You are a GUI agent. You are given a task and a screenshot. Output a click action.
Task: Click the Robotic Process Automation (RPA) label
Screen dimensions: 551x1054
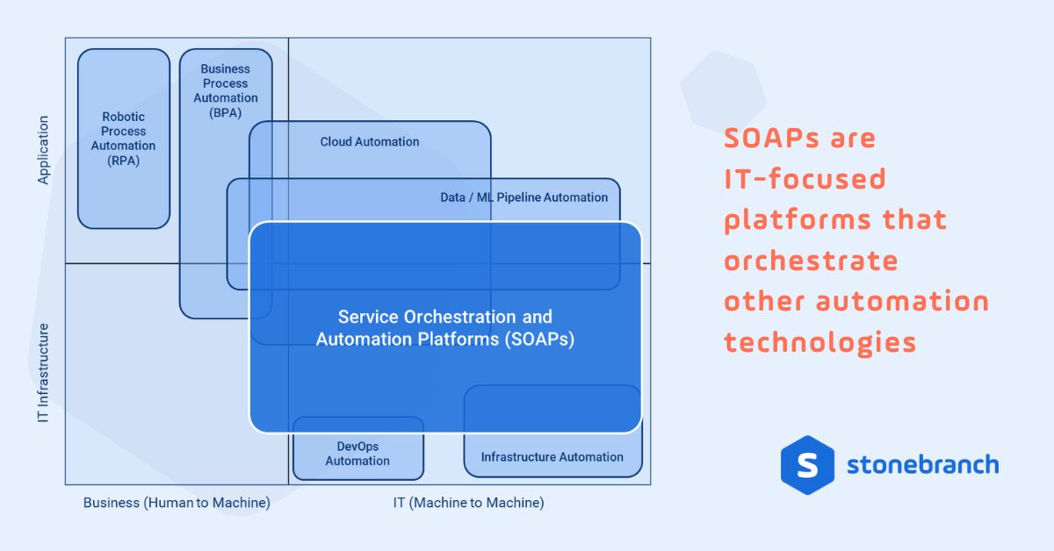coord(123,139)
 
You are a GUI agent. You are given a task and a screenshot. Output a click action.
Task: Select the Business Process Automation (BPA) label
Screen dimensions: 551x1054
coord(226,90)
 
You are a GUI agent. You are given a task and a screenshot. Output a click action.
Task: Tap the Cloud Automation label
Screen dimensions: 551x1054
coord(369,141)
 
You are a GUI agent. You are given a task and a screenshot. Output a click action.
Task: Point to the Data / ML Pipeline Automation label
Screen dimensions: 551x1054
coord(523,197)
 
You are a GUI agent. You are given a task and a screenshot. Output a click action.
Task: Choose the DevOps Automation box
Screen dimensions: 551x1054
coord(357,454)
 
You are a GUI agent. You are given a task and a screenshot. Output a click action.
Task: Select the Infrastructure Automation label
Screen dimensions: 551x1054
coord(552,456)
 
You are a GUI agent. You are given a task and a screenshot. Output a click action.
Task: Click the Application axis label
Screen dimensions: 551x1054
coord(43,150)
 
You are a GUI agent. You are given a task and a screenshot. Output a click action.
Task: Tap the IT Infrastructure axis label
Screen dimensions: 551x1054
coord(43,374)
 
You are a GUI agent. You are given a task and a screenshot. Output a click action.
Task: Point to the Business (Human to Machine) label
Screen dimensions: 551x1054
coord(177,503)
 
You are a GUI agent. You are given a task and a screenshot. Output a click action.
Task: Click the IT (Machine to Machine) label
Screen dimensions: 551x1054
coord(468,503)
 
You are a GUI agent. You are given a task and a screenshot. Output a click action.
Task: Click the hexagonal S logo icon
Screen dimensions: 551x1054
coord(806,465)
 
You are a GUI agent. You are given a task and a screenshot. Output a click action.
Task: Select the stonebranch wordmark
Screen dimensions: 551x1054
coord(922,464)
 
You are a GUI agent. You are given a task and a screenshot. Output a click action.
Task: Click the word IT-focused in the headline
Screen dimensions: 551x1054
coord(805,180)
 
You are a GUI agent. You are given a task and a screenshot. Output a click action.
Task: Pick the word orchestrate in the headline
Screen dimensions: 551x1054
coord(811,261)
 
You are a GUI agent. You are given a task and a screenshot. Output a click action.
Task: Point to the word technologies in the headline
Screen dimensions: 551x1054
coord(820,342)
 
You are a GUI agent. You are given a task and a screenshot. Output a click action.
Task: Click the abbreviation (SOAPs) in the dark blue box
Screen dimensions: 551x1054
coord(539,340)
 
